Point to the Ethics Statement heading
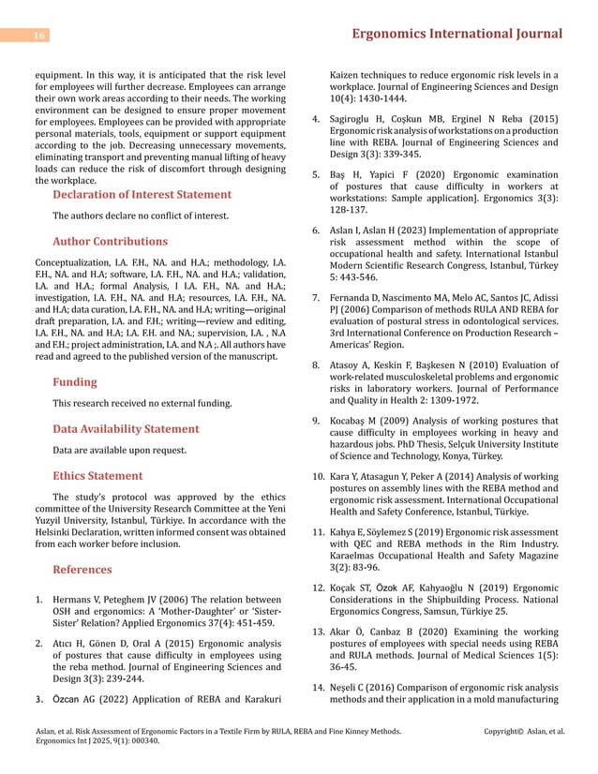pos(97,475)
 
